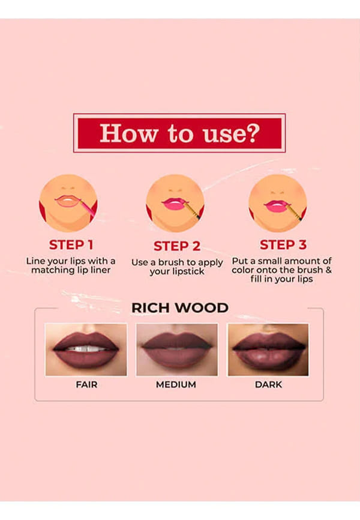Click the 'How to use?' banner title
tap(179, 133)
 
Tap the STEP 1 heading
tap(71, 245)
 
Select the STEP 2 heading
tap(177, 246)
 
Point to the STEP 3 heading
tap(283, 245)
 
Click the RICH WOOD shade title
tap(179, 308)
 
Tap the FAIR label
tap(86, 385)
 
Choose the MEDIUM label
tap(176, 385)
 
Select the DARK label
tap(269, 385)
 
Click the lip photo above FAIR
tap(86, 349)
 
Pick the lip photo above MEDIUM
tap(177, 349)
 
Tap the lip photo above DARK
tap(268, 349)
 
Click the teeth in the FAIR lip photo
tap(86, 349)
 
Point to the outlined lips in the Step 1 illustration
tap(68, 201)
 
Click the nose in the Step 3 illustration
tap(277, 192)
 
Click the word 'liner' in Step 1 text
tap(100, 270)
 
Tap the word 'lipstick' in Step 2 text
tap(190, 271)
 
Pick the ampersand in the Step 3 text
tap(329, 270)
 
